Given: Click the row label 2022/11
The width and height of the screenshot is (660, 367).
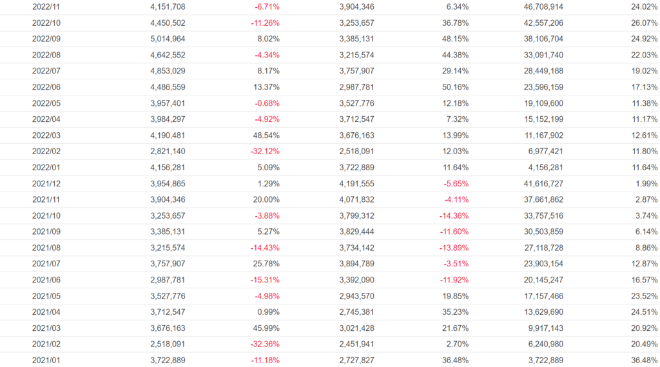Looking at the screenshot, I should coord(46,6).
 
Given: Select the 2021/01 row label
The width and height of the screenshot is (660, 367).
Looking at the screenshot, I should coord(46,360).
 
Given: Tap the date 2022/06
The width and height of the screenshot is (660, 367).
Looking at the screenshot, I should coord(46,87).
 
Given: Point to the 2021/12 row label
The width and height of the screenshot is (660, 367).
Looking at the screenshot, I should coord(46,183).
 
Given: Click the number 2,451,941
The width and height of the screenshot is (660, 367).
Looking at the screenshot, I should coord(356,344).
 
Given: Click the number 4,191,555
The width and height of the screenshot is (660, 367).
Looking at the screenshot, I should coord(356,183).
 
